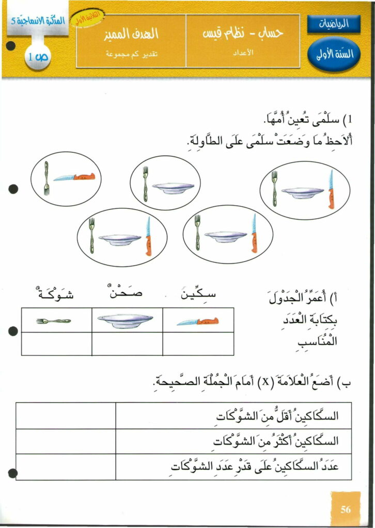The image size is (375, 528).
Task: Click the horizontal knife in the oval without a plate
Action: (74, 177)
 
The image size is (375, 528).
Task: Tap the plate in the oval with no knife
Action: (174, 188)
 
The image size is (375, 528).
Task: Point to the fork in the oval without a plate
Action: (46, 178)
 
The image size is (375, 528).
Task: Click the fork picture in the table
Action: (54, 321)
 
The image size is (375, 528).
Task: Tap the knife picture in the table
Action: (198, 321)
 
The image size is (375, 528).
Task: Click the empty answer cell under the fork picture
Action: (56, 344)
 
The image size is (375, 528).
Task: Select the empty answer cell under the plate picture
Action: (127, 344)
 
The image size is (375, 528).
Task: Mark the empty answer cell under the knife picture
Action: (198, 344)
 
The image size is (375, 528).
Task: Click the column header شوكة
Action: (56, 295)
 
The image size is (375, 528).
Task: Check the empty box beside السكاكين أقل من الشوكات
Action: (66, 416)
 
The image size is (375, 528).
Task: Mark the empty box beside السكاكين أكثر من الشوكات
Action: (66, 441)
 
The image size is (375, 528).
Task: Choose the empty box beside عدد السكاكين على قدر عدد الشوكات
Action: (66, 466)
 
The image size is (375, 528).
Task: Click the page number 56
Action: (346, 509)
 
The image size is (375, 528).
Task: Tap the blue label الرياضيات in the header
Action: (334, 24)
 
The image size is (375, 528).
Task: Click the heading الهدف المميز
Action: (131, 35)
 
